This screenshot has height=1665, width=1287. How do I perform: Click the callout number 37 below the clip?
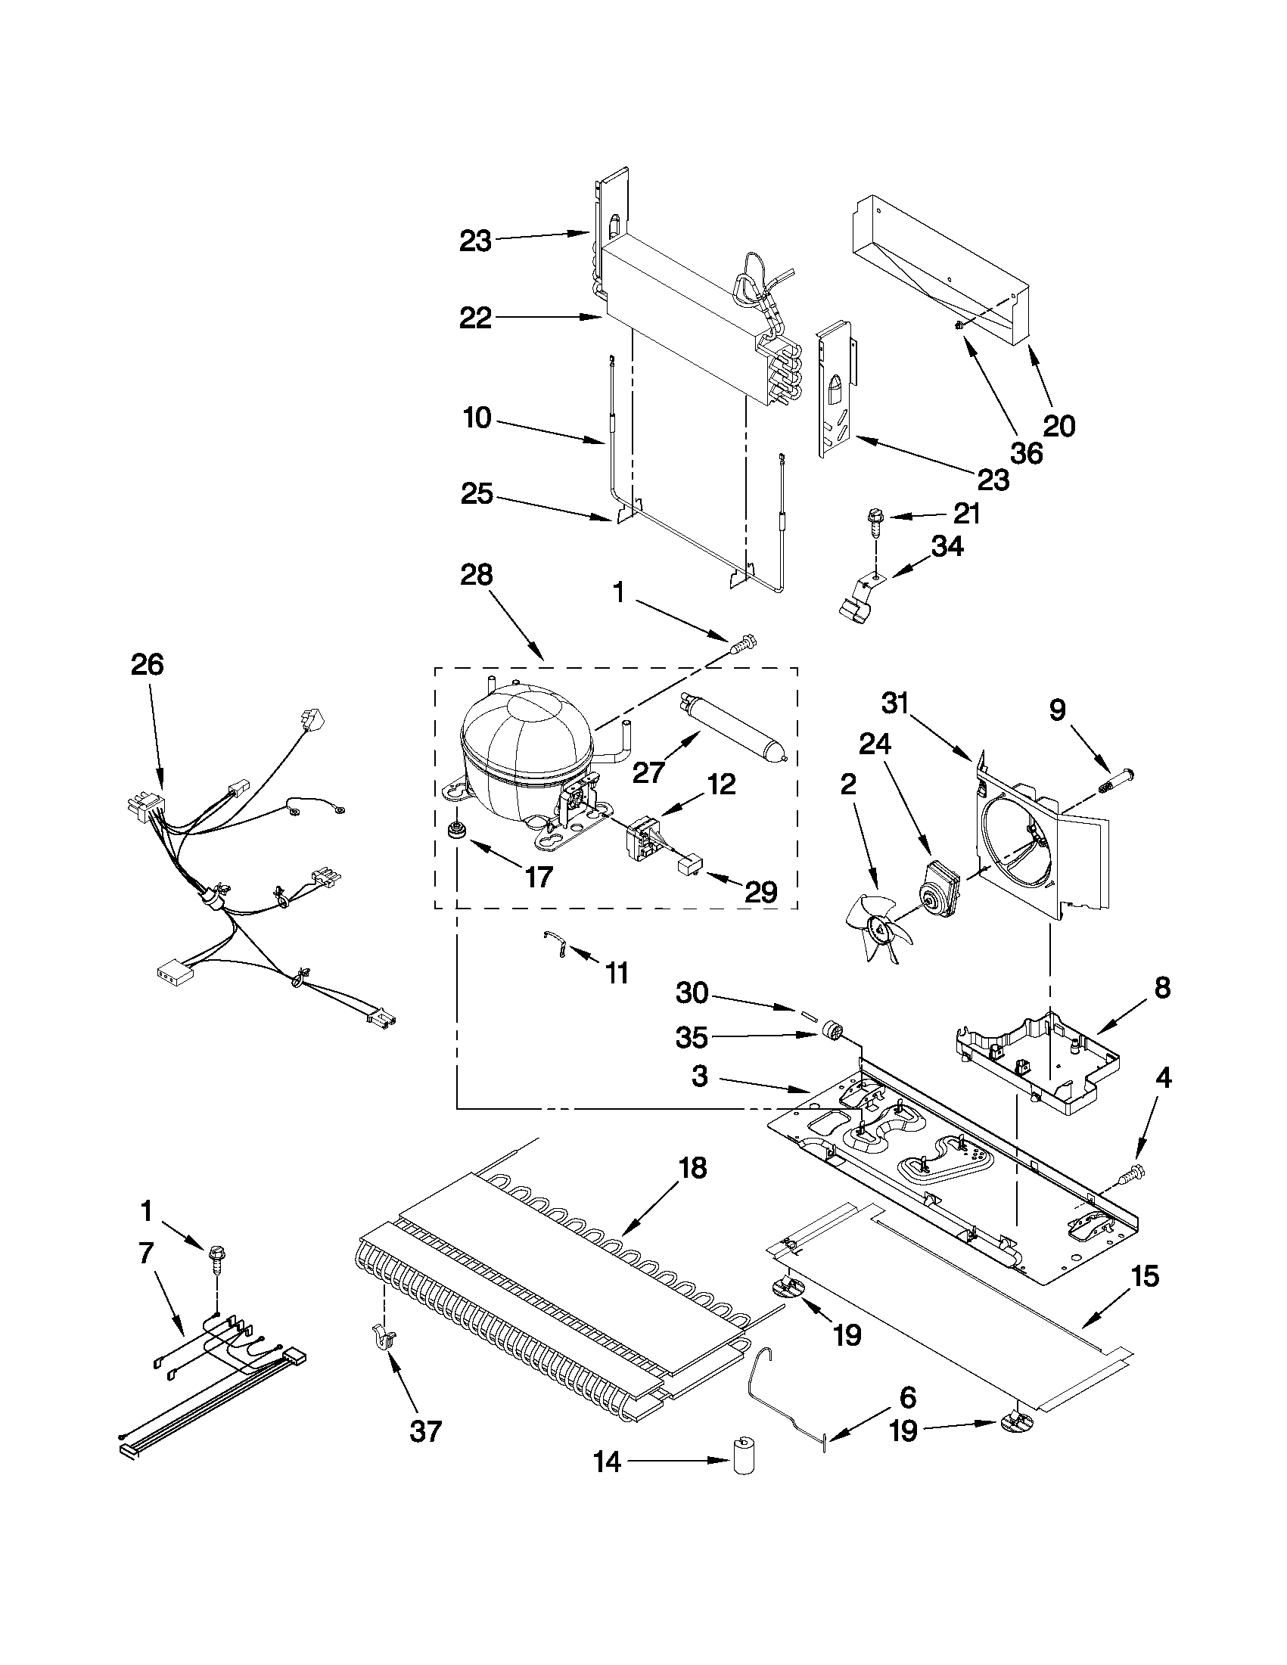tap(425, 1431)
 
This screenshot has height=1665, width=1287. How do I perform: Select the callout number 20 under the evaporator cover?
tap(1059, 425)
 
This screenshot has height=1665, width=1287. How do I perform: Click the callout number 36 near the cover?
tap(1026, 453)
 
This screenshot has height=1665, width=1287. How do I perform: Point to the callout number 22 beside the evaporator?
tap(475, 318)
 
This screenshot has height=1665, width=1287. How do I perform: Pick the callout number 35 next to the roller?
tap(692, 1038)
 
